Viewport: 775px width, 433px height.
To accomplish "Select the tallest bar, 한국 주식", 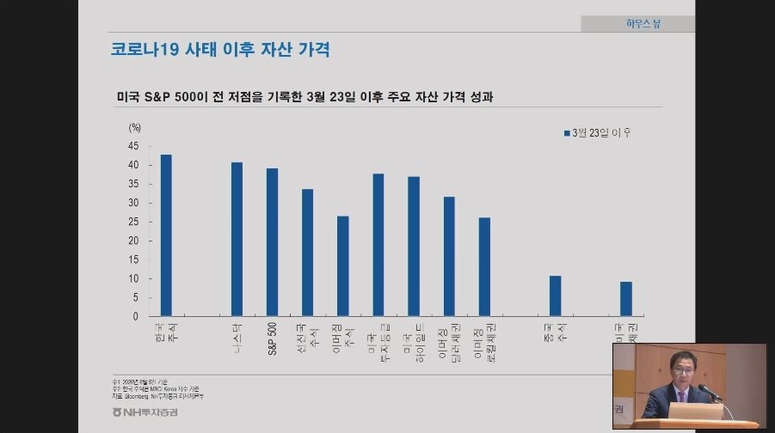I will pyautogui.click(x=166, y=235).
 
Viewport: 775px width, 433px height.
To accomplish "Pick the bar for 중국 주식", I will pyautogui.click(x=555, y=296).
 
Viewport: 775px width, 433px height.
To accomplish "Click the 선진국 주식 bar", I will pyautogui.click(x=307, y=253).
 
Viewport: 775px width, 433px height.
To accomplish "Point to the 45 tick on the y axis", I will pyautogui.click(x=133, y=146).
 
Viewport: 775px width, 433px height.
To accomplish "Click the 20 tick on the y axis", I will pyautogui.click(x=133, y=241).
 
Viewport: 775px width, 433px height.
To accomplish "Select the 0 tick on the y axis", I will pyautogui.click(x=136, y=316).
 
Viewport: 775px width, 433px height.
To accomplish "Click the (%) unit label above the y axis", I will pyautogui.click(x=134, y=127).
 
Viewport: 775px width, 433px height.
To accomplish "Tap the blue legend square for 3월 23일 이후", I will pyautogui.click(x=567, y=133).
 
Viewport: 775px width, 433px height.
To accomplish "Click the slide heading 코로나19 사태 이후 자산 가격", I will pyautogui.click(x=219, y=49).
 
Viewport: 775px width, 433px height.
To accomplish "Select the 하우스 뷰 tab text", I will pyautogui.click(x=643, y=24).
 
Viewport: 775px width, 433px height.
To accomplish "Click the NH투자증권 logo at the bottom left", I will pyautogui.click(x=151, y=412).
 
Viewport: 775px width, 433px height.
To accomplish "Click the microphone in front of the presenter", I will pyautogui.click(x=707, y=391).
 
